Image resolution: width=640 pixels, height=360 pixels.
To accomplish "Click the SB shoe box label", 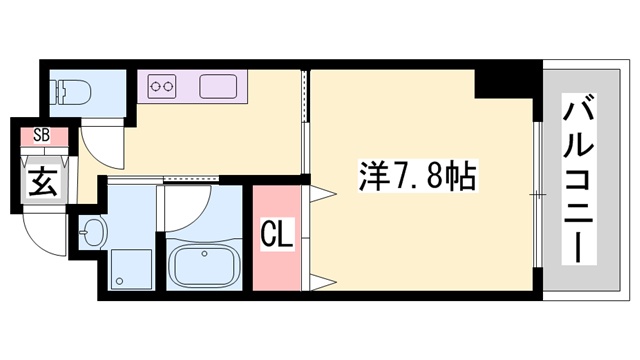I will coord(41,135).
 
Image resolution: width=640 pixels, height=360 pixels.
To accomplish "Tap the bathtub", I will coord(206,266).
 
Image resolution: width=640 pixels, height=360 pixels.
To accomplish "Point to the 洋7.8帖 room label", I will coord(418,180).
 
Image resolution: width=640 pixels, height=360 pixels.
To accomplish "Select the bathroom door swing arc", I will coord(190,206).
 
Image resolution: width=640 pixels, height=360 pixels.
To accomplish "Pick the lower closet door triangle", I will coord(321,279).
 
